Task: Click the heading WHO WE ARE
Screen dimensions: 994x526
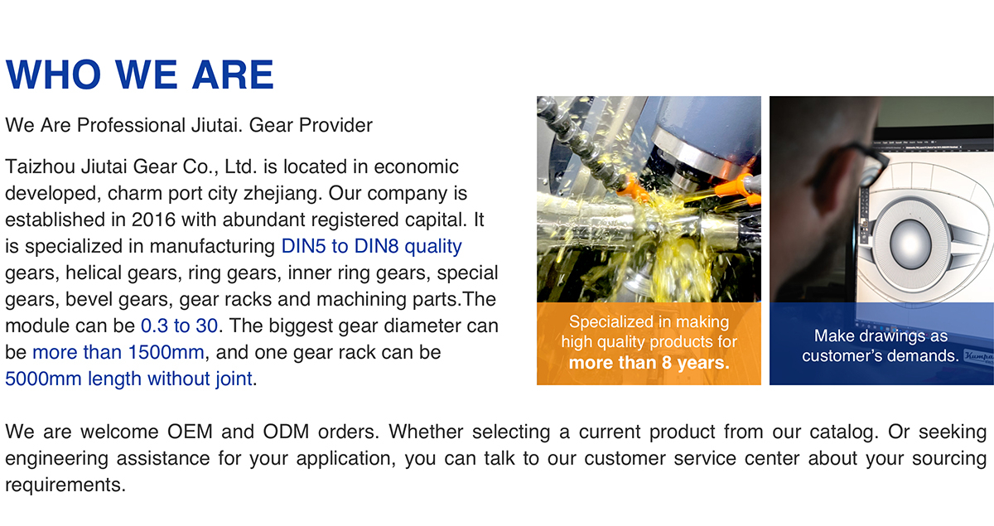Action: coord(140,75)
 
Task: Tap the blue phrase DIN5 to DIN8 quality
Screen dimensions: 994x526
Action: coord(371,246)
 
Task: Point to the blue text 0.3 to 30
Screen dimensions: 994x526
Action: coord(179,326)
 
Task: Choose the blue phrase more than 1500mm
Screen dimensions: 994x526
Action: coord(118,352)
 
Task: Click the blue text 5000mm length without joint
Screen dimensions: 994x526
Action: coord(128,379)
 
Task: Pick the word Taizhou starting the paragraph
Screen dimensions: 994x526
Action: coord(41,166)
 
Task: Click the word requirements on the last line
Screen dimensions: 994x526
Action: coord(65,485)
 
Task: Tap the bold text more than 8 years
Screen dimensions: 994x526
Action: coord(649,363)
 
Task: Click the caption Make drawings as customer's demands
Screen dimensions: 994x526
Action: coord(881,345)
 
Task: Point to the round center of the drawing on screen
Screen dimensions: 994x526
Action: coord(910,244)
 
